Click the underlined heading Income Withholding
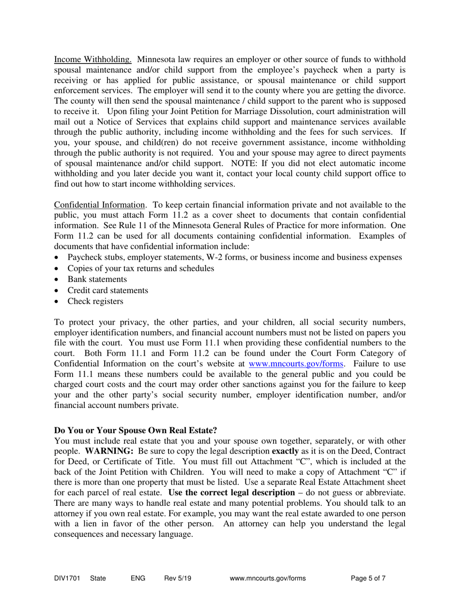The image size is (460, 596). coord(92,60)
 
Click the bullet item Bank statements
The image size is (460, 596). coord(97,279)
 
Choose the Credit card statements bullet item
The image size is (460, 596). coord(108,290)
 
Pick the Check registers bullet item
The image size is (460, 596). coord(95,301)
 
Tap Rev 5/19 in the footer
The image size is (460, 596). coord(178,578)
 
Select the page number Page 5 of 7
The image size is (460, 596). coord(368,578)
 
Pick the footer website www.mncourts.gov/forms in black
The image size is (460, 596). coord(268,578)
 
